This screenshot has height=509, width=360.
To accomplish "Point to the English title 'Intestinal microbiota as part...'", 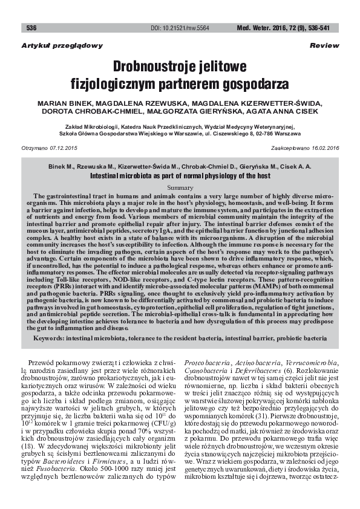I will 180,175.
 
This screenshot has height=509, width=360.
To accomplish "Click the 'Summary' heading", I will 180,188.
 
